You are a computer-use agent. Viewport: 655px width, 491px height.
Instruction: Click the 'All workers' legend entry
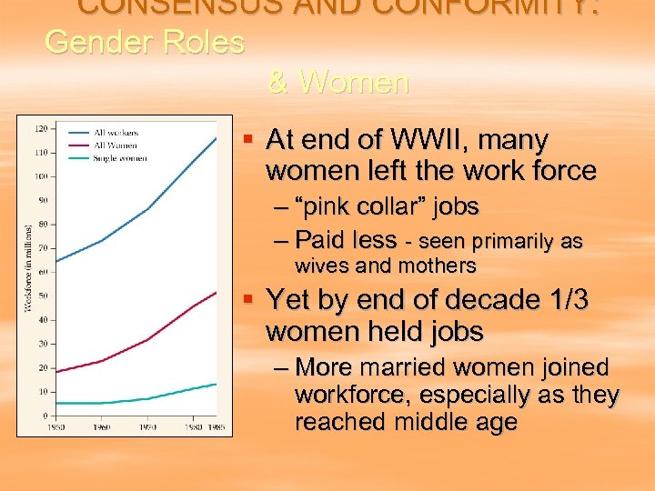pyautogui.click(x=116, y=134)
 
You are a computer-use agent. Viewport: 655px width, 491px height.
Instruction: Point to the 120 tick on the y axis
pyautogui.click(x=41, y=129)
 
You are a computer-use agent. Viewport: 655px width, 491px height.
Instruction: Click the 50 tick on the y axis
pyautogui.click(x=43, y=296)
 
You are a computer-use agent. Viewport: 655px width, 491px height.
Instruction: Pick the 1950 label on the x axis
pyautogui.click(x=55, y=426)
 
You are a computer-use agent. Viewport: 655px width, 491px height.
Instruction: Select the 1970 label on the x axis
pyautogui.click(x=146, y=426)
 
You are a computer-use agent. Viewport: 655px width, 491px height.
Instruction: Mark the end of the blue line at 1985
pyautogui.click(x=216, y=138)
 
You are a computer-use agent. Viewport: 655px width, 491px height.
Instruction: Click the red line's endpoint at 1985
pyautogui.click(x=216, y=293)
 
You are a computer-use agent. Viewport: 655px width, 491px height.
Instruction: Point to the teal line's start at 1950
pyautogui.click(x=55, y=403)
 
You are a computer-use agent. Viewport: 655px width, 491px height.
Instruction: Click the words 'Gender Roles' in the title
pyautogui.click(x=145, y=42)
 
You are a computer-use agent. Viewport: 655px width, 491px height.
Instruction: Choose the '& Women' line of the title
pyautogui.click(x=338, y=83)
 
